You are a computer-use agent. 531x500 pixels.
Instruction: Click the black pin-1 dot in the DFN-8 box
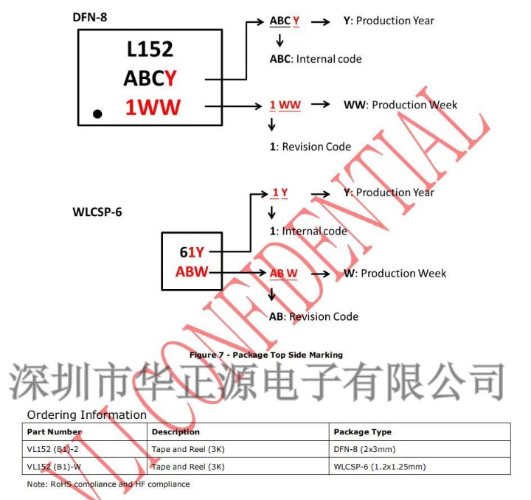(97, 114)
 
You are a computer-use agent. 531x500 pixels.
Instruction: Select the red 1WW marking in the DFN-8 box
(153, 108)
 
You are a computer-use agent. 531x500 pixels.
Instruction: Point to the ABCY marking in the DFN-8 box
(150, 77)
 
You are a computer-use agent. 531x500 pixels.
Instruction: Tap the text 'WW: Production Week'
(400, 105)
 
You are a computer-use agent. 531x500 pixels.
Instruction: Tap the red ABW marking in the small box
(192, 272)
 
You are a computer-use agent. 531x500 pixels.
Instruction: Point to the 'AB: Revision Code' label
(314, 316)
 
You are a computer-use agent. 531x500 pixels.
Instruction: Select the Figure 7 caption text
(265, 355)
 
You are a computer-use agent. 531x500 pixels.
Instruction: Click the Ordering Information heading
(87, 414)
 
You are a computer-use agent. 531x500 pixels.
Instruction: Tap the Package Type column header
(362, 432)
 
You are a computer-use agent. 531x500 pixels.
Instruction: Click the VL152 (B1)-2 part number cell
(55, 449)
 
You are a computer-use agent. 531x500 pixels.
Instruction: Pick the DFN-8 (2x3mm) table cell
(365, 449)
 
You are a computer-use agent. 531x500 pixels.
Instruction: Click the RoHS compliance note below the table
(108, 484)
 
